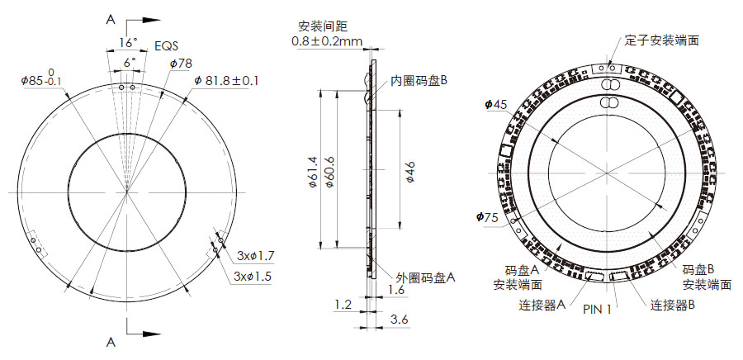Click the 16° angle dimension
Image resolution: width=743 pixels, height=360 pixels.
(x=126, y=41)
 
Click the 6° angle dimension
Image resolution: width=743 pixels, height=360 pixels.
(x=128, y=63)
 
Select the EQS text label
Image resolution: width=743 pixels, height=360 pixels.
(x=167, y=48)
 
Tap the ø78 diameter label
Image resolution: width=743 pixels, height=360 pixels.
(x=181, y=63)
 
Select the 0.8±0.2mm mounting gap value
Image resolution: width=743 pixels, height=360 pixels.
(x=326, y=40)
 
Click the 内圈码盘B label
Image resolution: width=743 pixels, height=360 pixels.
(x=419, y=81)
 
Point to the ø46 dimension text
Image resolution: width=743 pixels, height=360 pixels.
(x=409, y=172)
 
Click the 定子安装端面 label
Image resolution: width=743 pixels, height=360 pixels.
(x=662, y=40)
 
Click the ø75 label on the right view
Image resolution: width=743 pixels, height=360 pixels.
(x=488, y=217)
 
